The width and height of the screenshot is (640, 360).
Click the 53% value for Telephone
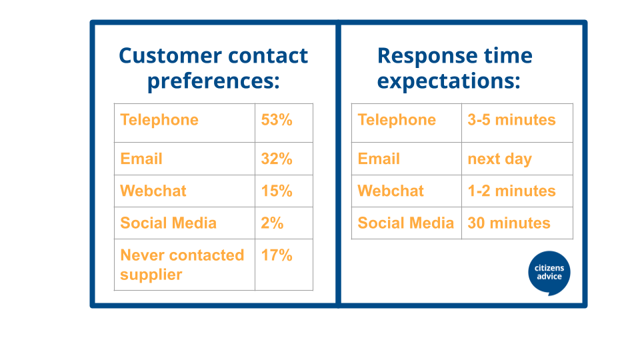tap(277, 120)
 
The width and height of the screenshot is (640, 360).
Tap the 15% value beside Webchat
tap(277, 191)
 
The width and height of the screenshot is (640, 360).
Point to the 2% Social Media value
tap(272, 223)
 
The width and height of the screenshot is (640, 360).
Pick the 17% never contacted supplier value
tap(277, 255)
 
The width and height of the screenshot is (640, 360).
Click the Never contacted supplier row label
tap(182, 265)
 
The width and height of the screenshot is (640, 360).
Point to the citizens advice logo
tap(549, 273)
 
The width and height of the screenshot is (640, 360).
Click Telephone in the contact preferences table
tap(159, 120)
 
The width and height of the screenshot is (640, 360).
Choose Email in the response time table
tap(379, 159)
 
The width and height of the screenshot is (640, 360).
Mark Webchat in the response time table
tap(391, 191)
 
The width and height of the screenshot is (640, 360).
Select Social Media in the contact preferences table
tap(168, 223)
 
